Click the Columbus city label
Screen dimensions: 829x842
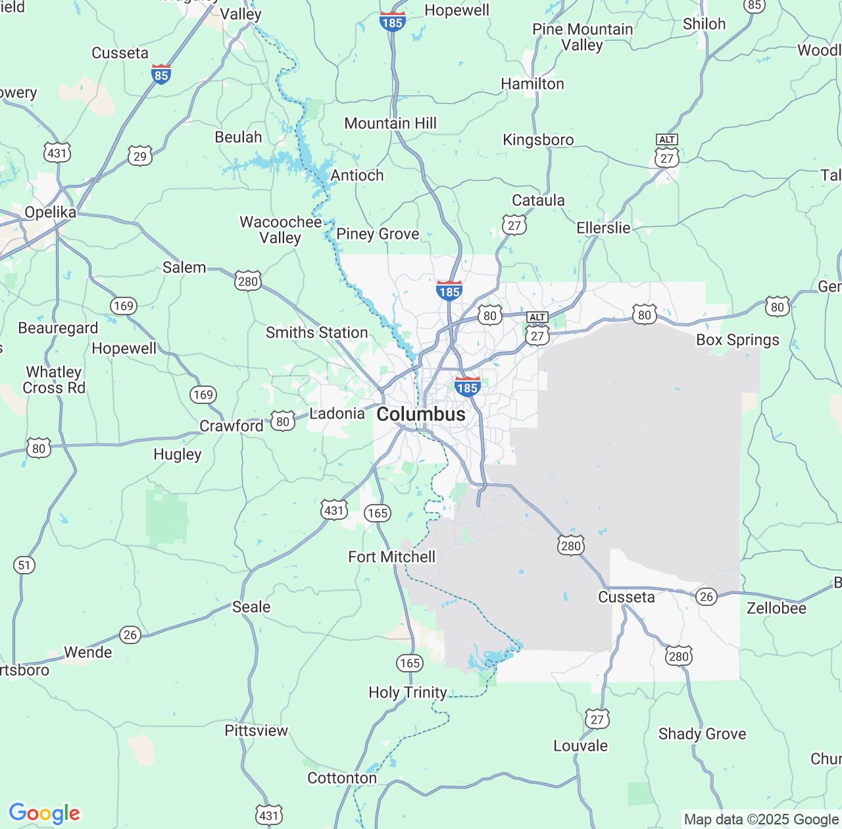click(421, 414)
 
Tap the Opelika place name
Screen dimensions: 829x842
click(50, 213)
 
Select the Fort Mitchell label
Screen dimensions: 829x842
click(391, 557)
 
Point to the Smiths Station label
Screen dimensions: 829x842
click(316, 333)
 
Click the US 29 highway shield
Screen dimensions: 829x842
click(140, 156)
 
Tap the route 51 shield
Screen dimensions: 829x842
click(24, 565)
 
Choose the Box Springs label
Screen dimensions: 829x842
click(737, 339)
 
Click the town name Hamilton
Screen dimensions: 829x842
click(532, 84)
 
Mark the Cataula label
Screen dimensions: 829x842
click(538, 200)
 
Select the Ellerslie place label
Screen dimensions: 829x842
click(603, 228)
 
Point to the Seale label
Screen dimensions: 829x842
click(251, 607)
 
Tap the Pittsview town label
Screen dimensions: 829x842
click(256, 730)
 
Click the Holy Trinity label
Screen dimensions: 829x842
click(407, 692)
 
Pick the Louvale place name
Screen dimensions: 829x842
click(580, 745)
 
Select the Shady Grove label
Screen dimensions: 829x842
click(702, 734)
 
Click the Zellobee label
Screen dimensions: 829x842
click(776, 608)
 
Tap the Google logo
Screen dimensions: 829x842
click(44, 813)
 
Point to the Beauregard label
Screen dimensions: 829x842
click(58, 328)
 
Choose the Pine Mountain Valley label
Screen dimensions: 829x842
click(582, 37)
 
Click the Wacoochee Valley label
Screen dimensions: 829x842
click(280, 230)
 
